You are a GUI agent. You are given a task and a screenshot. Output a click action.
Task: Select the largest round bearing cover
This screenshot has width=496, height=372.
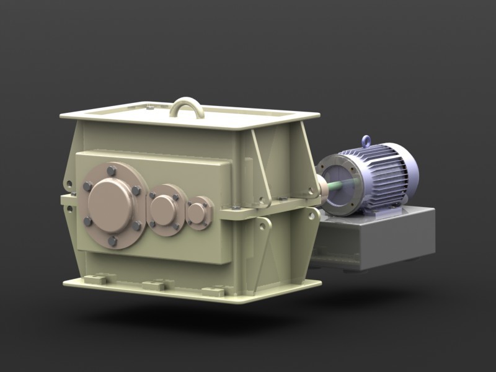click(x=110, y=205)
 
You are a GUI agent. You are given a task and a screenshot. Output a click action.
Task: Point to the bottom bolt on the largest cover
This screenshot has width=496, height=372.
click(x=112, y=241)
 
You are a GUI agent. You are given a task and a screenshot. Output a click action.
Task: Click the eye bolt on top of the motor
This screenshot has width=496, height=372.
click(x=367, y=141)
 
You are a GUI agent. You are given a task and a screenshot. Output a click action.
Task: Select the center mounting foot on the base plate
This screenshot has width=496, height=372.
click(x=154, y=285)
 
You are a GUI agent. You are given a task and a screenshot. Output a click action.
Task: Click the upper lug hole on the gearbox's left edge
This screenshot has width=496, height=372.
click(x=69, y=184)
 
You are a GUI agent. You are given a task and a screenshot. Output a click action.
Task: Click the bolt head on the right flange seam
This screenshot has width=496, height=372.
click(x=281, y=199)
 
